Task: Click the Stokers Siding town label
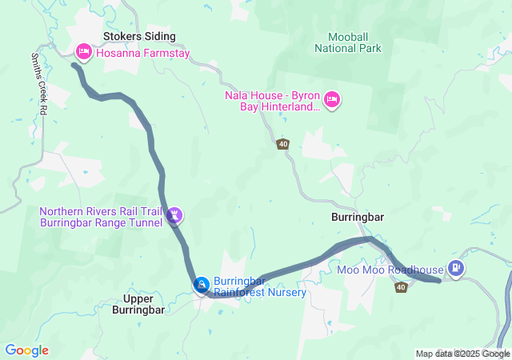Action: coord(139,36)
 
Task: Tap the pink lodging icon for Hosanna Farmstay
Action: coord(83,52)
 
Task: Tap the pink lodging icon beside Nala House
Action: coord(333,100)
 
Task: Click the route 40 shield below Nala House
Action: coord(284,144)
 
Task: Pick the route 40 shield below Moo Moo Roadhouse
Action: coord(401,287)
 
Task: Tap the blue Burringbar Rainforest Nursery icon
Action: coord(202,285)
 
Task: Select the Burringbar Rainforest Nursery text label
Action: coord(260,286)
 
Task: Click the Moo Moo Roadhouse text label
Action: coord(395,270)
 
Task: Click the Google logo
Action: coord(26,350)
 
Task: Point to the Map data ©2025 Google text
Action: coord(462,354)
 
